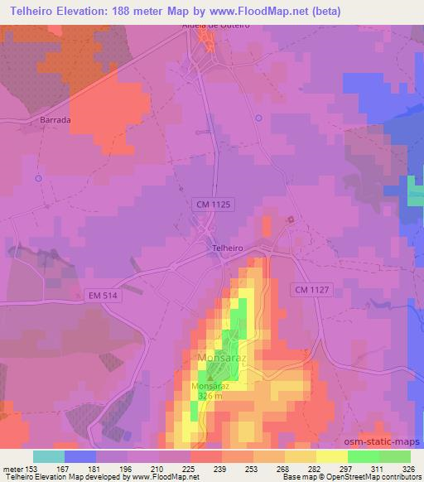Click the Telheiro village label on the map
pos(226,246)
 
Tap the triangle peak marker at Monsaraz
pos(210,377)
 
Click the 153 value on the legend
pos(33,469)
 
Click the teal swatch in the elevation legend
pos(48,456)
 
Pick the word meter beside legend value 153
pos(12,469)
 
